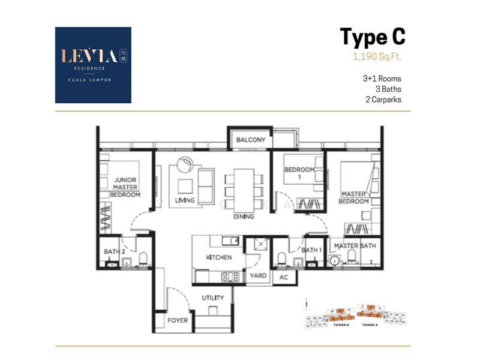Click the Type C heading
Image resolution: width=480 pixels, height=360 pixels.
click(373, 37)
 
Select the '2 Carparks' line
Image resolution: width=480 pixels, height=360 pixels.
click(382, 100)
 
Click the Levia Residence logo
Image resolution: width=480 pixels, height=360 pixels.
click(93, 65)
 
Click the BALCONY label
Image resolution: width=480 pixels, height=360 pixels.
click(250, 140)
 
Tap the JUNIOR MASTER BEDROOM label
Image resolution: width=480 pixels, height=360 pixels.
click(125, 187)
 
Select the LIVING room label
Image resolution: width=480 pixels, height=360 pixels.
click(185, 200)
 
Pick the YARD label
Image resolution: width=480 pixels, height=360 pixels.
click(258, 276)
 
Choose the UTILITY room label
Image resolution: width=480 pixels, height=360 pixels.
click(213, 298)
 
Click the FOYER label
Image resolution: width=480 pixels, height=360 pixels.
click(178, 320)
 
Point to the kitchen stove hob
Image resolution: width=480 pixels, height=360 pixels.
click(231, 277)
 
